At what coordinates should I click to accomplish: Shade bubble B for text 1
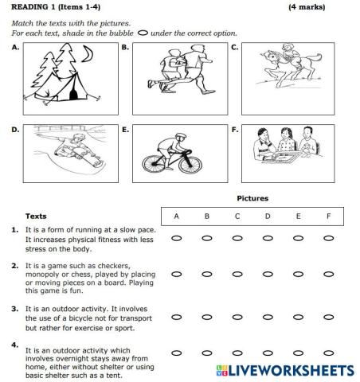click(206, 238)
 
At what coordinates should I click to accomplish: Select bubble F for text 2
click(328, 274)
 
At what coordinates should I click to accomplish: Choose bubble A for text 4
click(176, 353)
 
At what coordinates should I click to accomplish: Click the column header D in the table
click(268, 216)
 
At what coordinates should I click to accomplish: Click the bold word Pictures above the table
click(252, 198)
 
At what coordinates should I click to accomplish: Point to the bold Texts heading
click(36, 216)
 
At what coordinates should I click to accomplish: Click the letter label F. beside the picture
click(235, 129)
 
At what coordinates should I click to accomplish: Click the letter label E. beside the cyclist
click(125, 129)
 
